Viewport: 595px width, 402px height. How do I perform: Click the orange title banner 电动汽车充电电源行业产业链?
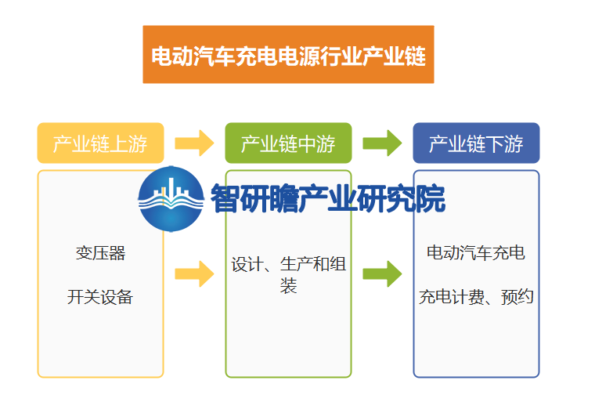pos(288,54)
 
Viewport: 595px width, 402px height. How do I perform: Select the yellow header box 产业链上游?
pos(100,143)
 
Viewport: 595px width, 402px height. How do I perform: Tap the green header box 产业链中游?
pos(288,143)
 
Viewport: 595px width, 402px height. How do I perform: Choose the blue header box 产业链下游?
pos(476,143)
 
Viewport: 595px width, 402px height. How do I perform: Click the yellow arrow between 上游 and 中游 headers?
pos(194,143)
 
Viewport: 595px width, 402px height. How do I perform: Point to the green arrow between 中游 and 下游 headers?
pos(382,143)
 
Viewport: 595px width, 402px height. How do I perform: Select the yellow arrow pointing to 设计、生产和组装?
pos(194,273)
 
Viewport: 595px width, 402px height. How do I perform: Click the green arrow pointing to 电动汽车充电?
pos(382,273)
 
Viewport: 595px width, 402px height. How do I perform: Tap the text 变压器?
pos(100,253)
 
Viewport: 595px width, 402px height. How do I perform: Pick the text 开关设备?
pos(100,297)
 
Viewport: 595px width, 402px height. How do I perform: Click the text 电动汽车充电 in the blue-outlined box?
pos(476,252)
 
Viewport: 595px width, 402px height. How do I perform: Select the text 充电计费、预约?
pos(476,297)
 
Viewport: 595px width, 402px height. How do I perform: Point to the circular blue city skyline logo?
pos(171,199)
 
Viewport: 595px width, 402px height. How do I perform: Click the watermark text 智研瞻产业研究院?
pos(328,198)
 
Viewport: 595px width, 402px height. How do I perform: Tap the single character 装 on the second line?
pos(288,286)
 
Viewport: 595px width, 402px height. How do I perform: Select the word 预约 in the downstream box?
pos(517,297)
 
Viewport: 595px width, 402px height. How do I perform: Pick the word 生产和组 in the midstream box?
pos(313,264)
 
